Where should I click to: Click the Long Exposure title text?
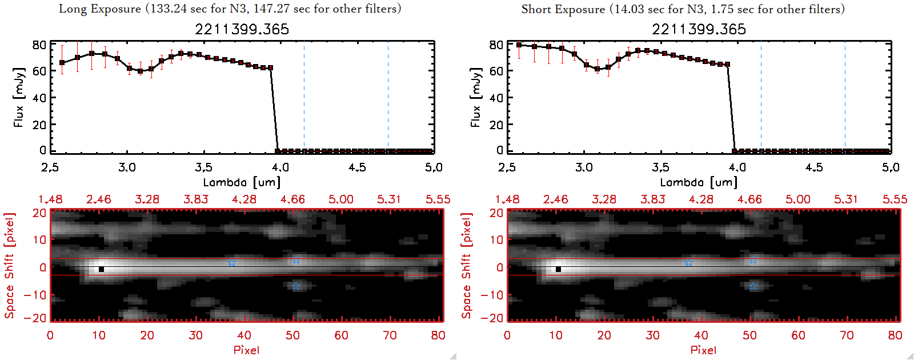tap(230, 9)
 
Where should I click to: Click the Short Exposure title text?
tap(683, 9)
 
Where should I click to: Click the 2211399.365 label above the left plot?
tap(242, 29)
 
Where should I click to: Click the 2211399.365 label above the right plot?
tap(699, 29)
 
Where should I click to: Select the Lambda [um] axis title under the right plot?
tap(699, 182)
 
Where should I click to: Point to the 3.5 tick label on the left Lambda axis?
tap(203, 167)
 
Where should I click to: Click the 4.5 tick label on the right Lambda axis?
tap(814, 167)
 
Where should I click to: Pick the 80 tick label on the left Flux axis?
tap(39, 45)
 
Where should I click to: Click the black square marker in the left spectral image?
tap(101, 269)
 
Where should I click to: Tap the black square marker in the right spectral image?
tap(558, 269)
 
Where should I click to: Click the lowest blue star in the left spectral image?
tap(295, 286)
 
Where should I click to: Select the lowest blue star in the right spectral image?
tap(753, 286)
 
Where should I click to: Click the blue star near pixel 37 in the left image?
tap(231, 263)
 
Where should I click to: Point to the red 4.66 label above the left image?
tap(292, 199)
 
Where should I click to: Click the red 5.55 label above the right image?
tap(895, 199)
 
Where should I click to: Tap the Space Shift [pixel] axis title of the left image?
tap(9, 266)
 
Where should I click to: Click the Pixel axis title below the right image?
tap(703, 350)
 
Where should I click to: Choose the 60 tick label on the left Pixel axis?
tap(341, 335)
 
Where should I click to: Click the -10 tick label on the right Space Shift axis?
tap(492, 295)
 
